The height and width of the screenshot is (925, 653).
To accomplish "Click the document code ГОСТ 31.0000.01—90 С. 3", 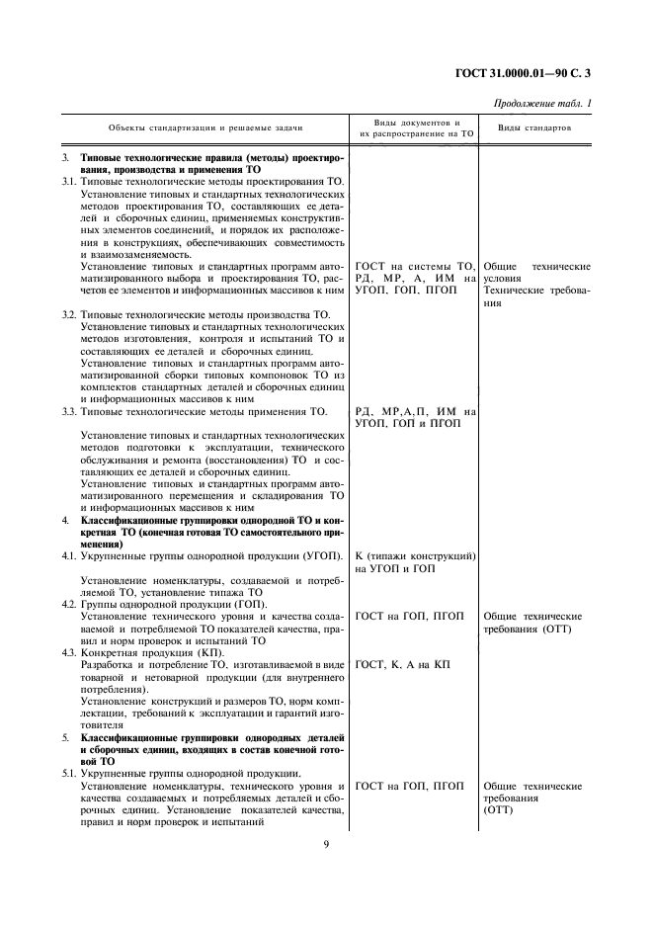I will click(x=541, y=71).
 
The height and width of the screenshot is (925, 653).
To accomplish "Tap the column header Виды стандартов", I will click(x=533, y=128).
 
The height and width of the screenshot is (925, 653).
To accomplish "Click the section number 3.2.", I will click(x=69, y=314).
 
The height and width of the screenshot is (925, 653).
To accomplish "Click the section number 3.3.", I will click(x=69, y=410).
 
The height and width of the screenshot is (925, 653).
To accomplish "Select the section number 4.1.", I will click(x=69, y=556).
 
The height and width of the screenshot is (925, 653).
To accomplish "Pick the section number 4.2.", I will click(x=69, y=604).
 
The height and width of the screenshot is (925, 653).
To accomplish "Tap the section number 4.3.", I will click(x=69, y=652).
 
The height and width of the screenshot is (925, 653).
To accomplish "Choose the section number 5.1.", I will click(x=69, y=773).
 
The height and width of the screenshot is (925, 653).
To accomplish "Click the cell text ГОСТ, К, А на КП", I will click(x=402, y=665).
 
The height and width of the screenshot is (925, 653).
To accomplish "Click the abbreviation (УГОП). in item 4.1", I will click(x=323, y=556).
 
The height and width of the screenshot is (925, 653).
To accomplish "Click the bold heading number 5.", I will click(x=65, y=737).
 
